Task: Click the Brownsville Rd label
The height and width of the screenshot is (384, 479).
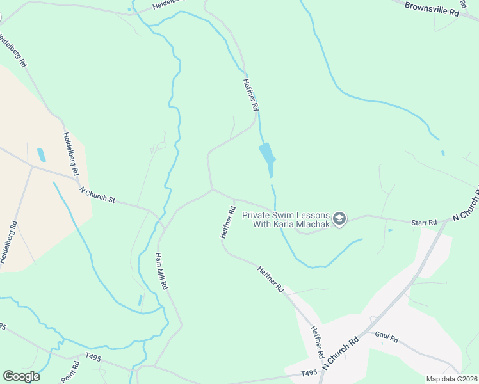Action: [x=433, y=8]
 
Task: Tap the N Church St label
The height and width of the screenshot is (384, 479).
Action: [x=97, y=195]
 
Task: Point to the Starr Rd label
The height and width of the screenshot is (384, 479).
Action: [x=424, y=222]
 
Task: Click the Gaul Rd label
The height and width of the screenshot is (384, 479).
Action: [x=387, y=336]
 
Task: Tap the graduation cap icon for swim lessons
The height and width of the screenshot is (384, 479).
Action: [x=340, y=220]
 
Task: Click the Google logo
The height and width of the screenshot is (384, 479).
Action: [x=21, y=376]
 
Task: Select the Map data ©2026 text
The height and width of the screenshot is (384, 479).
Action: [x=451, y=379]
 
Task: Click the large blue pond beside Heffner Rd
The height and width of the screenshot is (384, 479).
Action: [x=267, y=157]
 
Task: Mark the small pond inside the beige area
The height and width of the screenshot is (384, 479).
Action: [x=42, y=155]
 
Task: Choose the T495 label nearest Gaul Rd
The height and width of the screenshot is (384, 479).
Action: [x=309, y=373]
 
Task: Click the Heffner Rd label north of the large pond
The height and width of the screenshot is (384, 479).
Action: [x=250, y=93]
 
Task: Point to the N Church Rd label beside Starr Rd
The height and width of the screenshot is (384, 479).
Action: [x=466, y=205]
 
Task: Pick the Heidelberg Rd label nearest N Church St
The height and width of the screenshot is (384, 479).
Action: [x=70, y=154]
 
